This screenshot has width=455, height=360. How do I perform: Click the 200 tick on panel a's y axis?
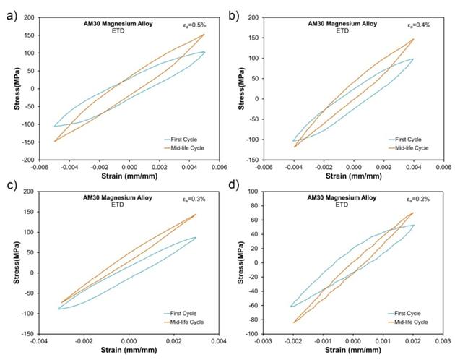tap(29, 17)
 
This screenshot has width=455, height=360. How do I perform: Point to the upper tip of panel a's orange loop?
tap(204, 34)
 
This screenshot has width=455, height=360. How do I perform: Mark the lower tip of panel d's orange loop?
tap(294, 323)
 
